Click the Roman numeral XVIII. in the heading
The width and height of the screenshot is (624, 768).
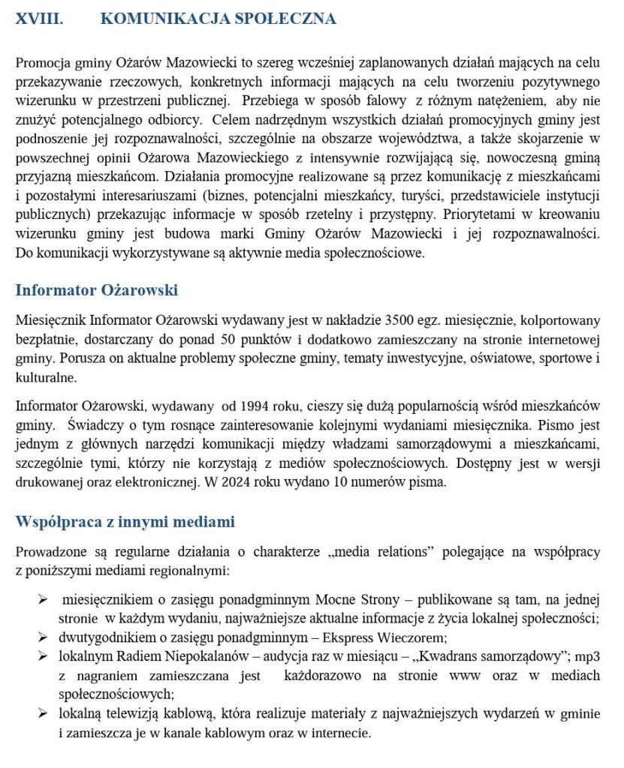click(39, 19)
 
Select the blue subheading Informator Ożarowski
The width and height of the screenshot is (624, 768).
click(96, 290)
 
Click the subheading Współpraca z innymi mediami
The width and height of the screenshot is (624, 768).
click(125, 521)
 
